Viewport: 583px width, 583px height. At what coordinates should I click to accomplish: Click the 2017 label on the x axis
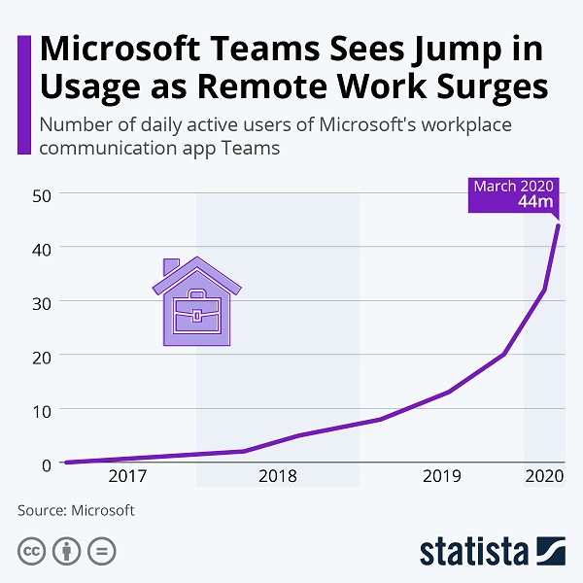(127, 476)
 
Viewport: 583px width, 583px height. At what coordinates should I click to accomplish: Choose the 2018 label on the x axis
(278, 476)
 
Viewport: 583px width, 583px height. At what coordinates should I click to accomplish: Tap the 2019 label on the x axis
(442, 476)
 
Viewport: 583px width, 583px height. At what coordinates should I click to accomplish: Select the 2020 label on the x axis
(545, 476)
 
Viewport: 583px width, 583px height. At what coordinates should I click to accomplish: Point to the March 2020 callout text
(514, 186)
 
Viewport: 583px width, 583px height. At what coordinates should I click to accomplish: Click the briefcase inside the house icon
(197, 311)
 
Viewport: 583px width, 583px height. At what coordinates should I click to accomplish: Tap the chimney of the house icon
(171, 266)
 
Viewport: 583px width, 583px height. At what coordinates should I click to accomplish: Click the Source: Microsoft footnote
(76, 510)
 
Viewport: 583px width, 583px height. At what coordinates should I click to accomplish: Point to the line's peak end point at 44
(559, 225)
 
